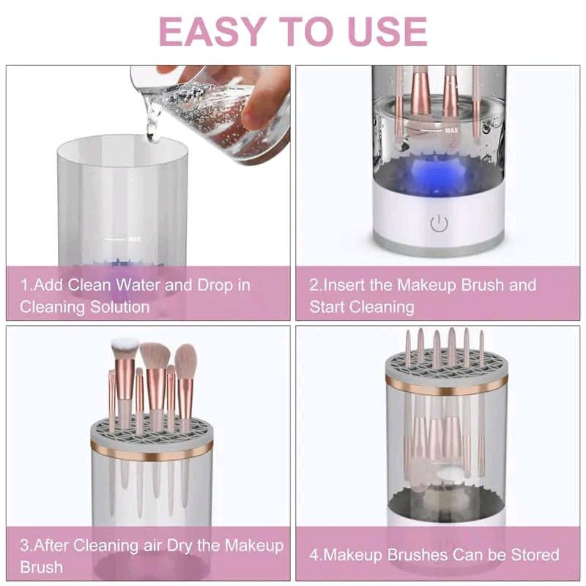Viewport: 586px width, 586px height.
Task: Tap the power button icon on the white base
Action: click(439, 223)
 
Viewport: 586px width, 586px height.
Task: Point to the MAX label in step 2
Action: click(451, 130)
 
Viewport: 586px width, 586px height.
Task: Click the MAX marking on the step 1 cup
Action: click(134, 239)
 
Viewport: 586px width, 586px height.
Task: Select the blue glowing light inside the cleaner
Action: click(435, 175)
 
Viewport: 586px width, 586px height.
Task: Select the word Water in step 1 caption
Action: click(138, 285)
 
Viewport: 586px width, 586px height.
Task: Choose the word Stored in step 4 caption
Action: click(535, 555)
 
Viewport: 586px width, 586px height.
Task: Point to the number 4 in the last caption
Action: click(314, 555)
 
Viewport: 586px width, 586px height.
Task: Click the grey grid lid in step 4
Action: click(447, 365)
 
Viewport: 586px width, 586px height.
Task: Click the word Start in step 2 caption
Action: click(328, 307)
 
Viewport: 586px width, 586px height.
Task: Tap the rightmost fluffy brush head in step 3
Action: click(186, 361)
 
